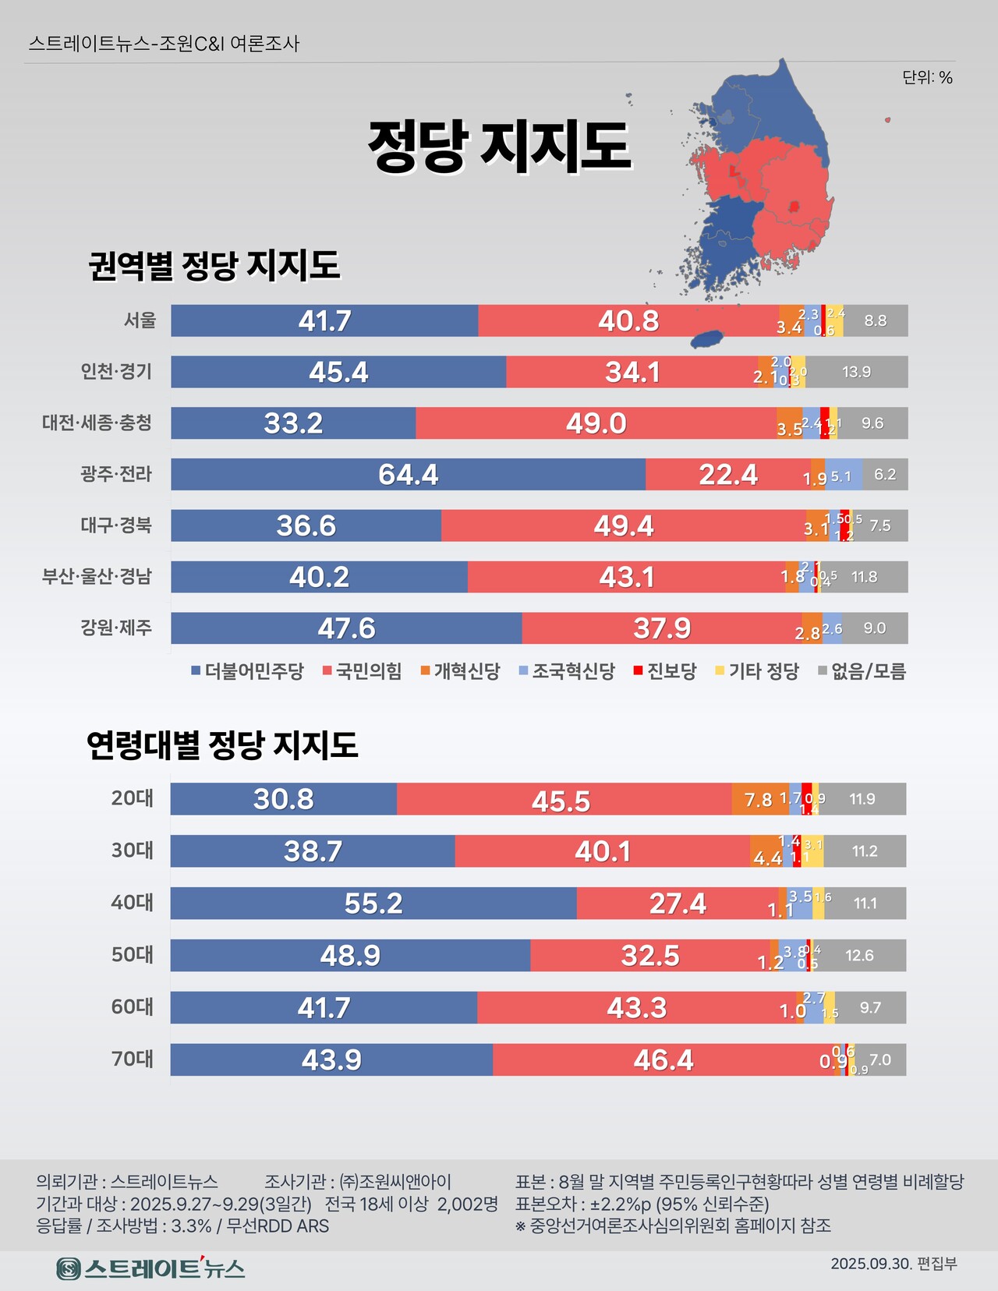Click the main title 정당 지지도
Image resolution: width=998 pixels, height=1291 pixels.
point(499,146)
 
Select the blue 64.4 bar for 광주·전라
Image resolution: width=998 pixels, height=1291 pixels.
point(408,474)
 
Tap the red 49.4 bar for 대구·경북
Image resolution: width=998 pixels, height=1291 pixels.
point(623,525)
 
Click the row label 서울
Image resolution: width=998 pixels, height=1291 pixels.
point(140,320)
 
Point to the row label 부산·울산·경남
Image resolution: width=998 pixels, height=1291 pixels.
point(97,576)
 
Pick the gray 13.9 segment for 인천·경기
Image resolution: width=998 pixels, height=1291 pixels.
point(856,372)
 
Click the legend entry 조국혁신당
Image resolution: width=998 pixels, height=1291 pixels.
point(567,671)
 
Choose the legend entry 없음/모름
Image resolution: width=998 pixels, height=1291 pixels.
point(862,671)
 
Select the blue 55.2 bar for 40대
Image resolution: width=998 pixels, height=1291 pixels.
point(373,903)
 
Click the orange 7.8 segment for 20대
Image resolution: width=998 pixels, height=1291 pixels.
point(759,799)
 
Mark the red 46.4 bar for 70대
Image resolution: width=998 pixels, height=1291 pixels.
point(663,1059)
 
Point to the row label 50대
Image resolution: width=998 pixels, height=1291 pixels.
point(133,954)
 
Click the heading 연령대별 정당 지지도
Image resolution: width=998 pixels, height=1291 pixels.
point(222,745)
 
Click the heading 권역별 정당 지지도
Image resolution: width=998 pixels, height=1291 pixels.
point(214,266)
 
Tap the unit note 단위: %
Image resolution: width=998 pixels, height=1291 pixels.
point(927,77)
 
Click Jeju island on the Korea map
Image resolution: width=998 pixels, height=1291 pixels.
point(708,339)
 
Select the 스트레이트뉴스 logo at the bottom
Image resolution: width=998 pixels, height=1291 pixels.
point(151,1268)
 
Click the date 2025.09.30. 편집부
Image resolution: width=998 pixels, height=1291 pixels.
point(894,1264)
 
